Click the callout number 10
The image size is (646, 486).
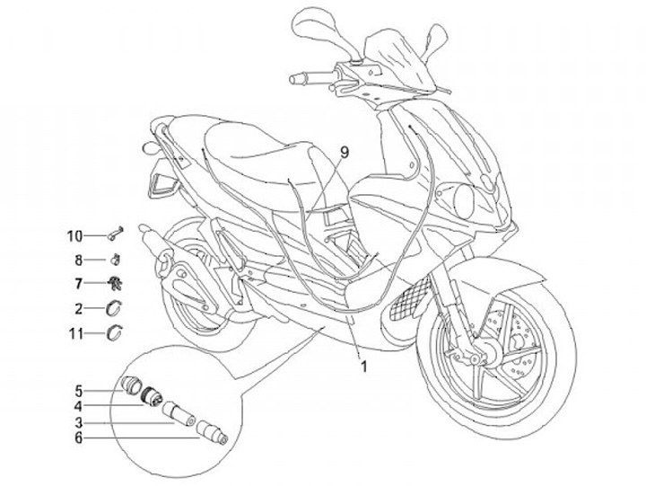74,236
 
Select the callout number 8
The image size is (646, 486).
78,261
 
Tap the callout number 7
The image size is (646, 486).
78,284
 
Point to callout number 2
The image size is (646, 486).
78,309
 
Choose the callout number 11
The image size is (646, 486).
76,334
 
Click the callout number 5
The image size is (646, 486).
78,391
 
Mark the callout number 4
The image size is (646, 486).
78,406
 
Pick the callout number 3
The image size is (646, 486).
78,421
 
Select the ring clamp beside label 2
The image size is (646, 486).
116,309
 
